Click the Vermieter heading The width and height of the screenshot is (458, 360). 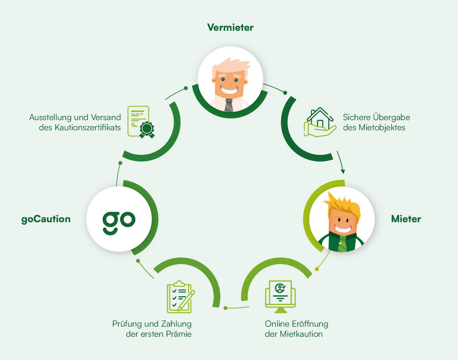[x=230, y=27]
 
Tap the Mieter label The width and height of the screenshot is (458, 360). [x=406, y=219]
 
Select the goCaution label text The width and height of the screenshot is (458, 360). [x=46, y=219]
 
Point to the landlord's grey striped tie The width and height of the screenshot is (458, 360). [x=229, y=105]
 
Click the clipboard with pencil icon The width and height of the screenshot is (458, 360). [x=181, y=297]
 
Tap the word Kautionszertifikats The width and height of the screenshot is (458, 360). [x=88, y=128]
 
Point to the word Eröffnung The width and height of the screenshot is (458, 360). [x=310, y=324]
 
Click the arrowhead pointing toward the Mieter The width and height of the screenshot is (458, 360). [x=343, y=171]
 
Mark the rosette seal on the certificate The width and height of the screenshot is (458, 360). [x=147, y=129]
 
